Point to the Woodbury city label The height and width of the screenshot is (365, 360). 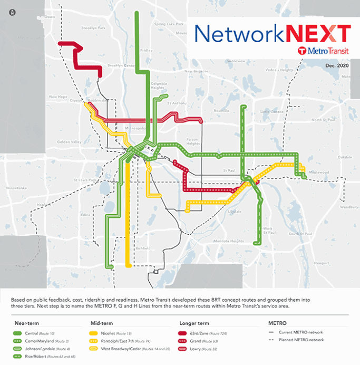(349, 207)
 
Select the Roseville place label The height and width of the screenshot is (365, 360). (220, 111)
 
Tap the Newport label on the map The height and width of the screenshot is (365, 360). (321, 262)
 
